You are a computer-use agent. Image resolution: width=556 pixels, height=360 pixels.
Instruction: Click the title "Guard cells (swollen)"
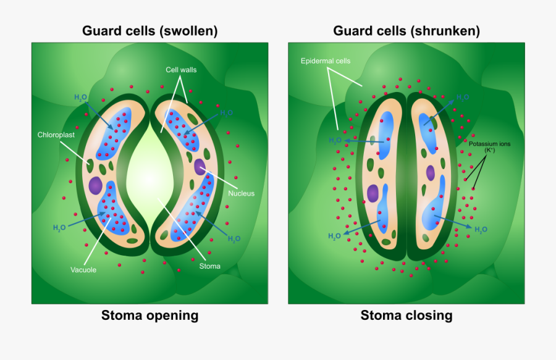pyautogui.click(x=150, y=31)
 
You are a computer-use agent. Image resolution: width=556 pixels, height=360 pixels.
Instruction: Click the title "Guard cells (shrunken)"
pyautogui.click(x=406, y=31)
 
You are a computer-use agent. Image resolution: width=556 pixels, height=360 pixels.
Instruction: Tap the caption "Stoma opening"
pyautogui.click(x=150, y=316)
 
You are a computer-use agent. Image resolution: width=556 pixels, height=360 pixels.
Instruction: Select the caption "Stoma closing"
pyautogui.click(x=406, y=316)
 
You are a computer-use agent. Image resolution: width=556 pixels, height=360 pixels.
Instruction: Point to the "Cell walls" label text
pyautogui.click(x=181, y=70)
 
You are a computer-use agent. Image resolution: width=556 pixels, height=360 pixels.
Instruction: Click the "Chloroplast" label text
pyautogui.click(x=56, y=134)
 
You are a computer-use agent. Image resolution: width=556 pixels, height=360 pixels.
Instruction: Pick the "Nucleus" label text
pyautogui.click(x=241, y=193)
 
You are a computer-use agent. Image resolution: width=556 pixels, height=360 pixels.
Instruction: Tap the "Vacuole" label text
pyautogui.click(x=83, y=269)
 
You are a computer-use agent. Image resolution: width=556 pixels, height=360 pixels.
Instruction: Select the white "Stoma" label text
pyautogui.click(x=209, y=267)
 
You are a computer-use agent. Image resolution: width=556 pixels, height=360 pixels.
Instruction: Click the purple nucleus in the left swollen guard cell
pyautogui.click(x=95, y=185)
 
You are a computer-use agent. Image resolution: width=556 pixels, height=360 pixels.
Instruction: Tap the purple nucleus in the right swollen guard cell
pyautogui.click(x=200, y=166)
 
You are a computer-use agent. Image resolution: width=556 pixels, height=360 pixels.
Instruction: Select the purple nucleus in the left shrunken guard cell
pyautogui.click(x=373, y=194)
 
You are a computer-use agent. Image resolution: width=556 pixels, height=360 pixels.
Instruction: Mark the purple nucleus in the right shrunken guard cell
pyautogui.click(x=431, y=174)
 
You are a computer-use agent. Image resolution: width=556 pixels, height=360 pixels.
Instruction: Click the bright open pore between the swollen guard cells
pyautogui.click(x=150, y=173)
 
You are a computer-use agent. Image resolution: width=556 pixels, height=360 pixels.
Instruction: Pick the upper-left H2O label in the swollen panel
pyautogui.click(x=81, y=98)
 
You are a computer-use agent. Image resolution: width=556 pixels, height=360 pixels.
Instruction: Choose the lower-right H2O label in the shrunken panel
pyautogui.click(x=481, y=229)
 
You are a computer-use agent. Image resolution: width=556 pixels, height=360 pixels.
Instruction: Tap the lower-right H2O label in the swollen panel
pyautogui.click(x=234, y=238)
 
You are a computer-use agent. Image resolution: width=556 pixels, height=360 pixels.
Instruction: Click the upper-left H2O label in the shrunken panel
pyautogui.click(x=335, y=140)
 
